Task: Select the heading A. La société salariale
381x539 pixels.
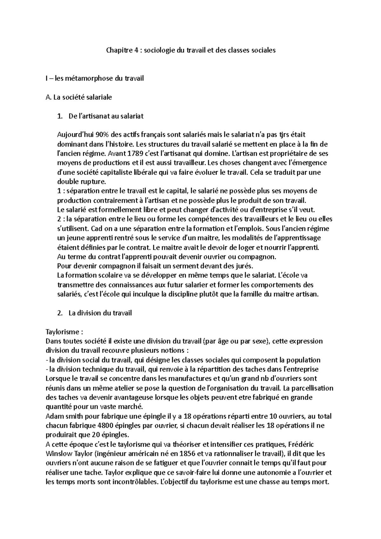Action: click(x=79, y=97)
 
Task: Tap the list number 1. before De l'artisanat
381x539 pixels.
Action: click(x=60, y=116)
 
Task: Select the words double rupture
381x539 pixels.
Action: click(x=80, y=182)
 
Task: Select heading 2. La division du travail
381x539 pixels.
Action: click(x=95, y=313)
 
